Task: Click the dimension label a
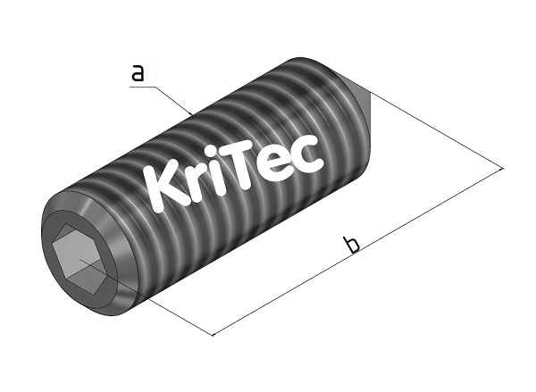click(x=137, y=73)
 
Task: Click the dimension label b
click(x=352, y=243)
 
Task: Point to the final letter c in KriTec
click(x=307, y=155)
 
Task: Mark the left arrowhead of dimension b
click(x=214, y=334)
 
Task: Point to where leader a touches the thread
click(x=194, y=113)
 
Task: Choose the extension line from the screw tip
click(x=438, y=130)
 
